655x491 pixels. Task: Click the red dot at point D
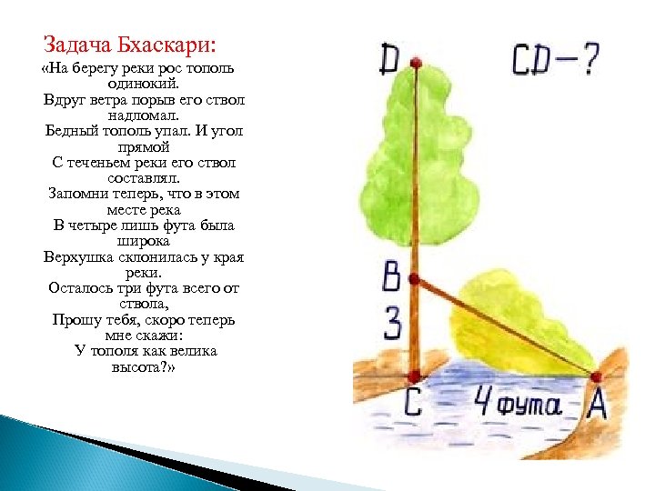pos(416,63)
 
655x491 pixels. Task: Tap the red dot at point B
pos(414,279)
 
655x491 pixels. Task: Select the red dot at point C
pos(414,376)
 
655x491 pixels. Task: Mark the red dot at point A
pos(597,376)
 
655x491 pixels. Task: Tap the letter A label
pos(596,404)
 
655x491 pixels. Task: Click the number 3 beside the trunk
pos(392,324)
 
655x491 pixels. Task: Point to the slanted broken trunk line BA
pos(505,327)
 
